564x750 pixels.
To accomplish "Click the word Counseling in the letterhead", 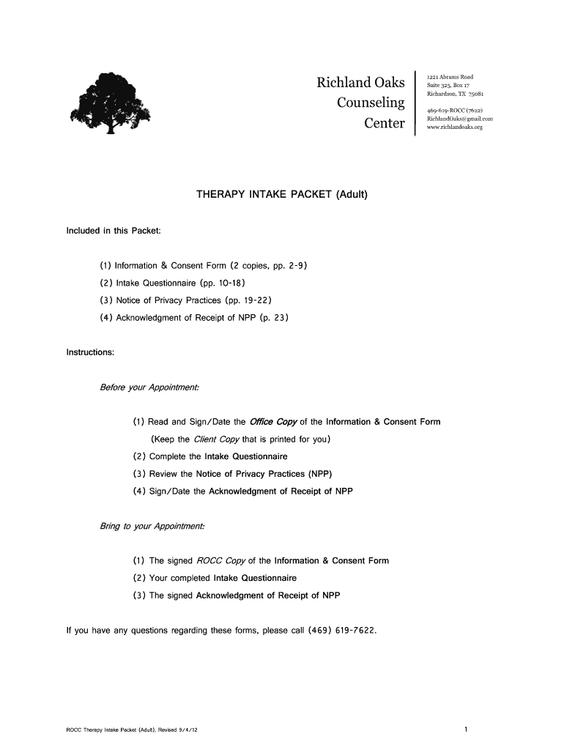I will pos(371,103).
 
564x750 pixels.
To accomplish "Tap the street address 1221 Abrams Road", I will pos(450,77).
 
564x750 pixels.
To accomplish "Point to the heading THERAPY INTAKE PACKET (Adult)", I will pos(281,195).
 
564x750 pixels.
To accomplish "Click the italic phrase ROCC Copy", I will pos(220,561).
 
